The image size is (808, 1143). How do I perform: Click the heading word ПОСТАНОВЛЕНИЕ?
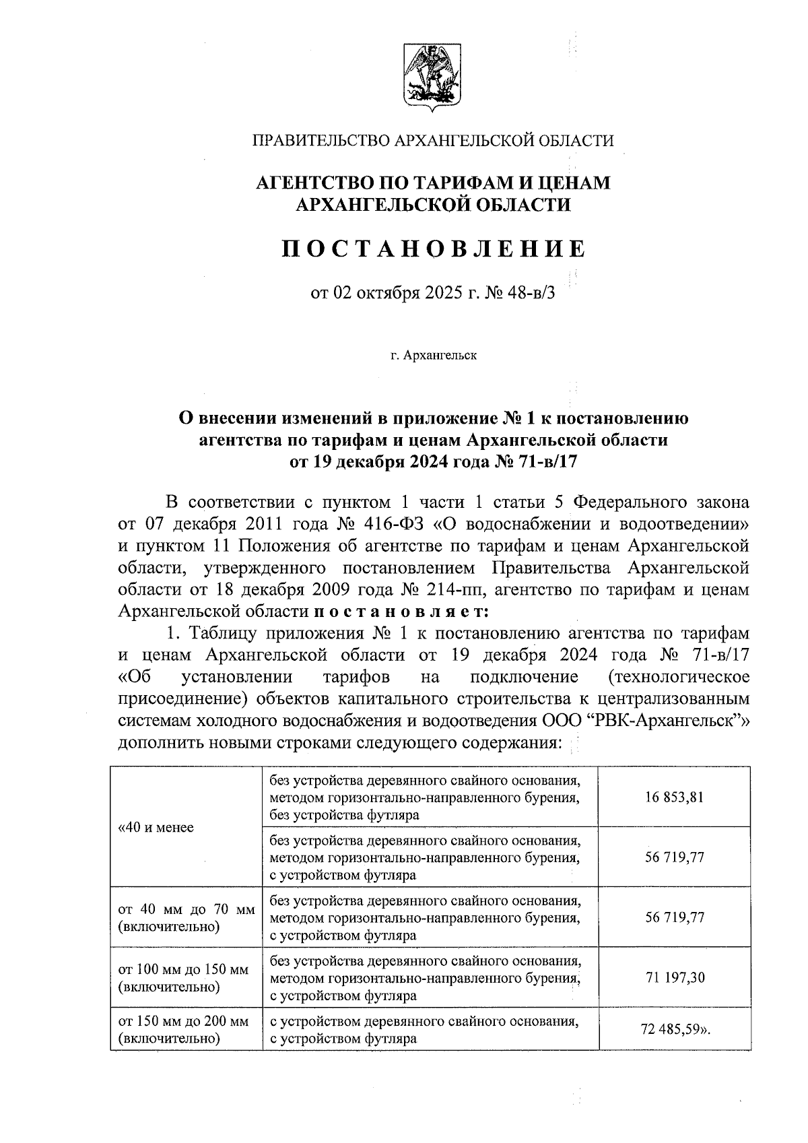click(x=432, y=249)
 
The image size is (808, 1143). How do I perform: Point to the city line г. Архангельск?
click(x=433, y=355)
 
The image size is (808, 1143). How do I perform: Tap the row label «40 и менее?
click(x=156, y=828)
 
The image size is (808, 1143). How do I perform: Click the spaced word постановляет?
click(x=403, y=612)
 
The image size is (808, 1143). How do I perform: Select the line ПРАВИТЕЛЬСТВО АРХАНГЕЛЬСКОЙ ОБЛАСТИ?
click(x=432, y=141)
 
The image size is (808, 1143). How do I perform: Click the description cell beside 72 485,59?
click(x=424, y=1030)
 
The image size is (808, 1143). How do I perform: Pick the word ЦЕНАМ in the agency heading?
click(x=572, y=183)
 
